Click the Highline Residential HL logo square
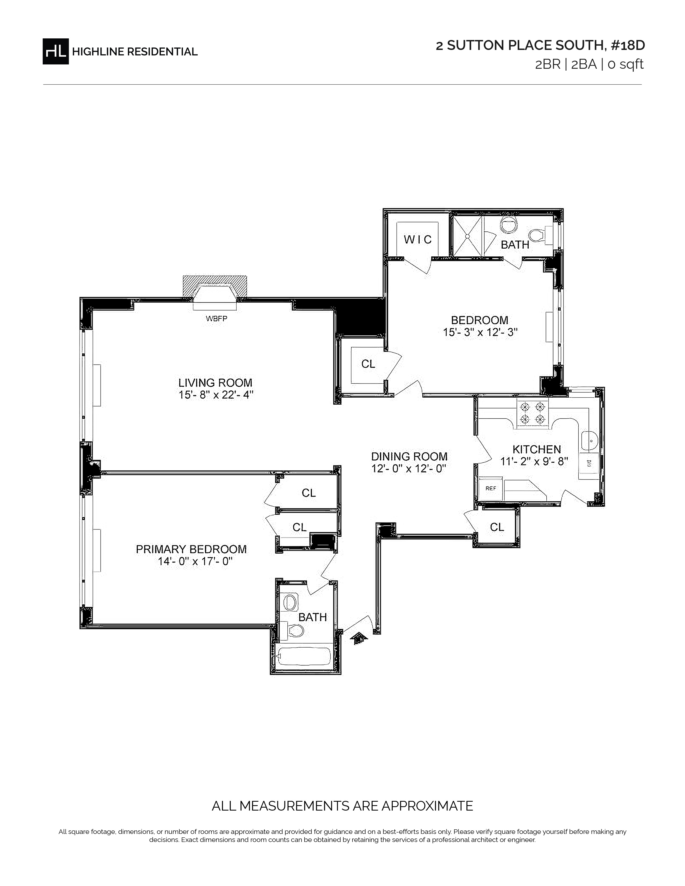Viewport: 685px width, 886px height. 56,51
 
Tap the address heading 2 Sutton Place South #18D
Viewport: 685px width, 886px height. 540,45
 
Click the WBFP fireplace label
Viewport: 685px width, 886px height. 216,318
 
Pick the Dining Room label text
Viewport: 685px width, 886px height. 409,456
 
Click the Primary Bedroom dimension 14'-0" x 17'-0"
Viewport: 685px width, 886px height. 192,561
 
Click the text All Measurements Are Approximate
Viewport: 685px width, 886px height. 342,806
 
